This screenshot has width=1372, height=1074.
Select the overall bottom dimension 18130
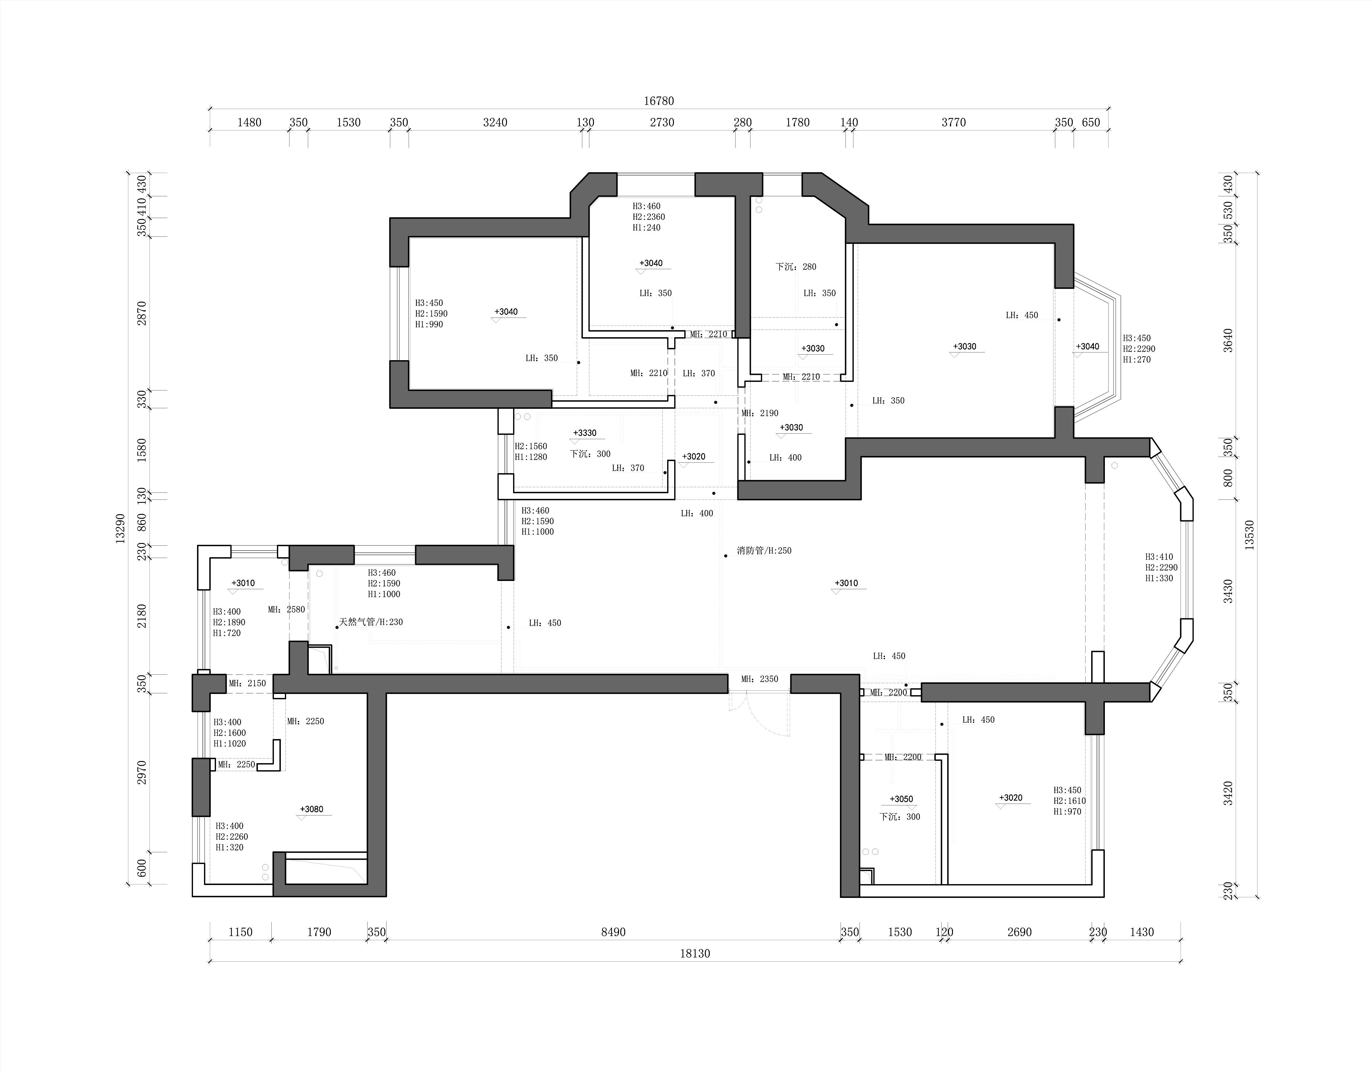click(x=695, y=953)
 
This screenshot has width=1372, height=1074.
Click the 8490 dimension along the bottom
click(x=613, y=932)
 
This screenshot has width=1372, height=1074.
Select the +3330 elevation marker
click(x=585, y=433)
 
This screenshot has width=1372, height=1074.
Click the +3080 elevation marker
click(x=312, y=809)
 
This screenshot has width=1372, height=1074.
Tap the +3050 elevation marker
click(x=901, y=799)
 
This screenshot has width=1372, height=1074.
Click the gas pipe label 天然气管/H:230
click(x=371, y=622)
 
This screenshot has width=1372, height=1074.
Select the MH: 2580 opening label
click(x=286, y=609)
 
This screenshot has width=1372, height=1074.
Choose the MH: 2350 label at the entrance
click(x=760, y=679)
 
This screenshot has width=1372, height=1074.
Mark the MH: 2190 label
click(x=760, y=413)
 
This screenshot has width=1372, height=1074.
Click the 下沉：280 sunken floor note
click(x=796, y=267)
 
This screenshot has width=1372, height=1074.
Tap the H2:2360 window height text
click(x=649, y=217)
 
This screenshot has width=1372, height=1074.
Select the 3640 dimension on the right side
click(x=1228, y=340)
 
